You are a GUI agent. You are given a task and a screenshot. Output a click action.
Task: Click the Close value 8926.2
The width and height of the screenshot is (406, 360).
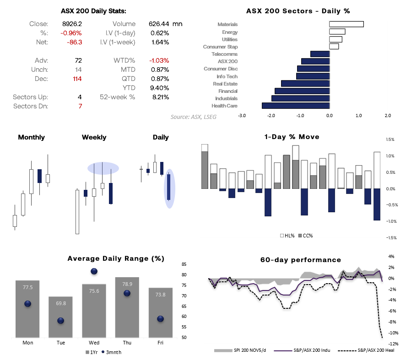pyautogui.click(x=72, y=24)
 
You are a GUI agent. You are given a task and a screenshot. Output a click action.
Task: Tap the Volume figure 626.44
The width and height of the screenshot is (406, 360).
pyautogui.click(x=158, y=24)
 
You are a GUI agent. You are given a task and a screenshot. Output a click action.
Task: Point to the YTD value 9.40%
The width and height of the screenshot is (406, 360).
pyautogui.click(x=160, y=88)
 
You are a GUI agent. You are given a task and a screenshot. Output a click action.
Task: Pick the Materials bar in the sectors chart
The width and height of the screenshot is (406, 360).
pyautogui.click(x=346, y=24)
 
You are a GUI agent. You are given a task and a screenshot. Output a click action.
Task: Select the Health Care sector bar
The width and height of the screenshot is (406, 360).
pyautogui.click(x=296, y=106)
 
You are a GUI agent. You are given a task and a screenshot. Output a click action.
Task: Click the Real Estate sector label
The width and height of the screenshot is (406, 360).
pyautogui.click(x=225, y=84)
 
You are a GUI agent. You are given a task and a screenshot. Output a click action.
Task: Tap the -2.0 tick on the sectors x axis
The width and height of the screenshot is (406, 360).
pyautogui.click(x=271, y=116)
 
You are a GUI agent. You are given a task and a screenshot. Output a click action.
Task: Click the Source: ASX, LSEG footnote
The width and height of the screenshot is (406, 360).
pyautogui.click(x=194, y=117)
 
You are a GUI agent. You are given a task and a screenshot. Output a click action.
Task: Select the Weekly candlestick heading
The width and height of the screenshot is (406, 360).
pyautogui.click(x=94, y=137)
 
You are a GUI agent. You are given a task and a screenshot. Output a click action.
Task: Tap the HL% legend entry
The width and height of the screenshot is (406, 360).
pyautogui.click(x=287, y=236)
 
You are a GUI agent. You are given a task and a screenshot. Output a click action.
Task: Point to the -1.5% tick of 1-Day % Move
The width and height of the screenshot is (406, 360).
pyautogui.click(x=390, y=238)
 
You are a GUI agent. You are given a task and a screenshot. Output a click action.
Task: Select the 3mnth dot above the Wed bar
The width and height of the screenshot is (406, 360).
pyautogui.click(x=94, y=271)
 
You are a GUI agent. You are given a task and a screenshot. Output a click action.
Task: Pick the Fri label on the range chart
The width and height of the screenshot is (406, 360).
pyautogui.click(x=160, y=343)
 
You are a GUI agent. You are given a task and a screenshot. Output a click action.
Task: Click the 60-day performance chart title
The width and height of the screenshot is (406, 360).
pyautogui.click(x=301, y=260)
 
